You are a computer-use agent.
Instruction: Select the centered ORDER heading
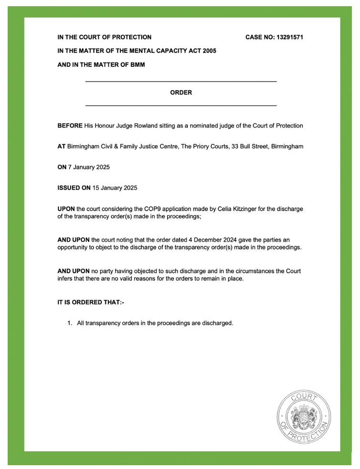181,93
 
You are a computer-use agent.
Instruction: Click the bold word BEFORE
70,126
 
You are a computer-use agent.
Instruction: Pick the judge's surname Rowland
138,126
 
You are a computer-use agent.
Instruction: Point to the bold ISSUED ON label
74,188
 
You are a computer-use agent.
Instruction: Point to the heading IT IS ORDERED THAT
90,302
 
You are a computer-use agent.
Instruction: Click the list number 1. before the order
70,323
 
